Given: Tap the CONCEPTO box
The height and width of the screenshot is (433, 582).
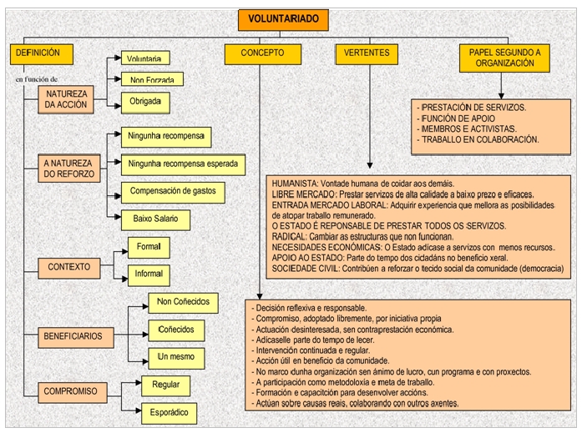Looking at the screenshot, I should (261, 53).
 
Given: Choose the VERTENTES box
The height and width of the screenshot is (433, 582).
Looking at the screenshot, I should (367, 53).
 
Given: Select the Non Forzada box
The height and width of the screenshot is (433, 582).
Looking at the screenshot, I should (146, 80).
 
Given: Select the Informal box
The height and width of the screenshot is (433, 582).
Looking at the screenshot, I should (149, 274).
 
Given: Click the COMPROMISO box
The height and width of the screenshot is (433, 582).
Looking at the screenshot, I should (72, 390).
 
